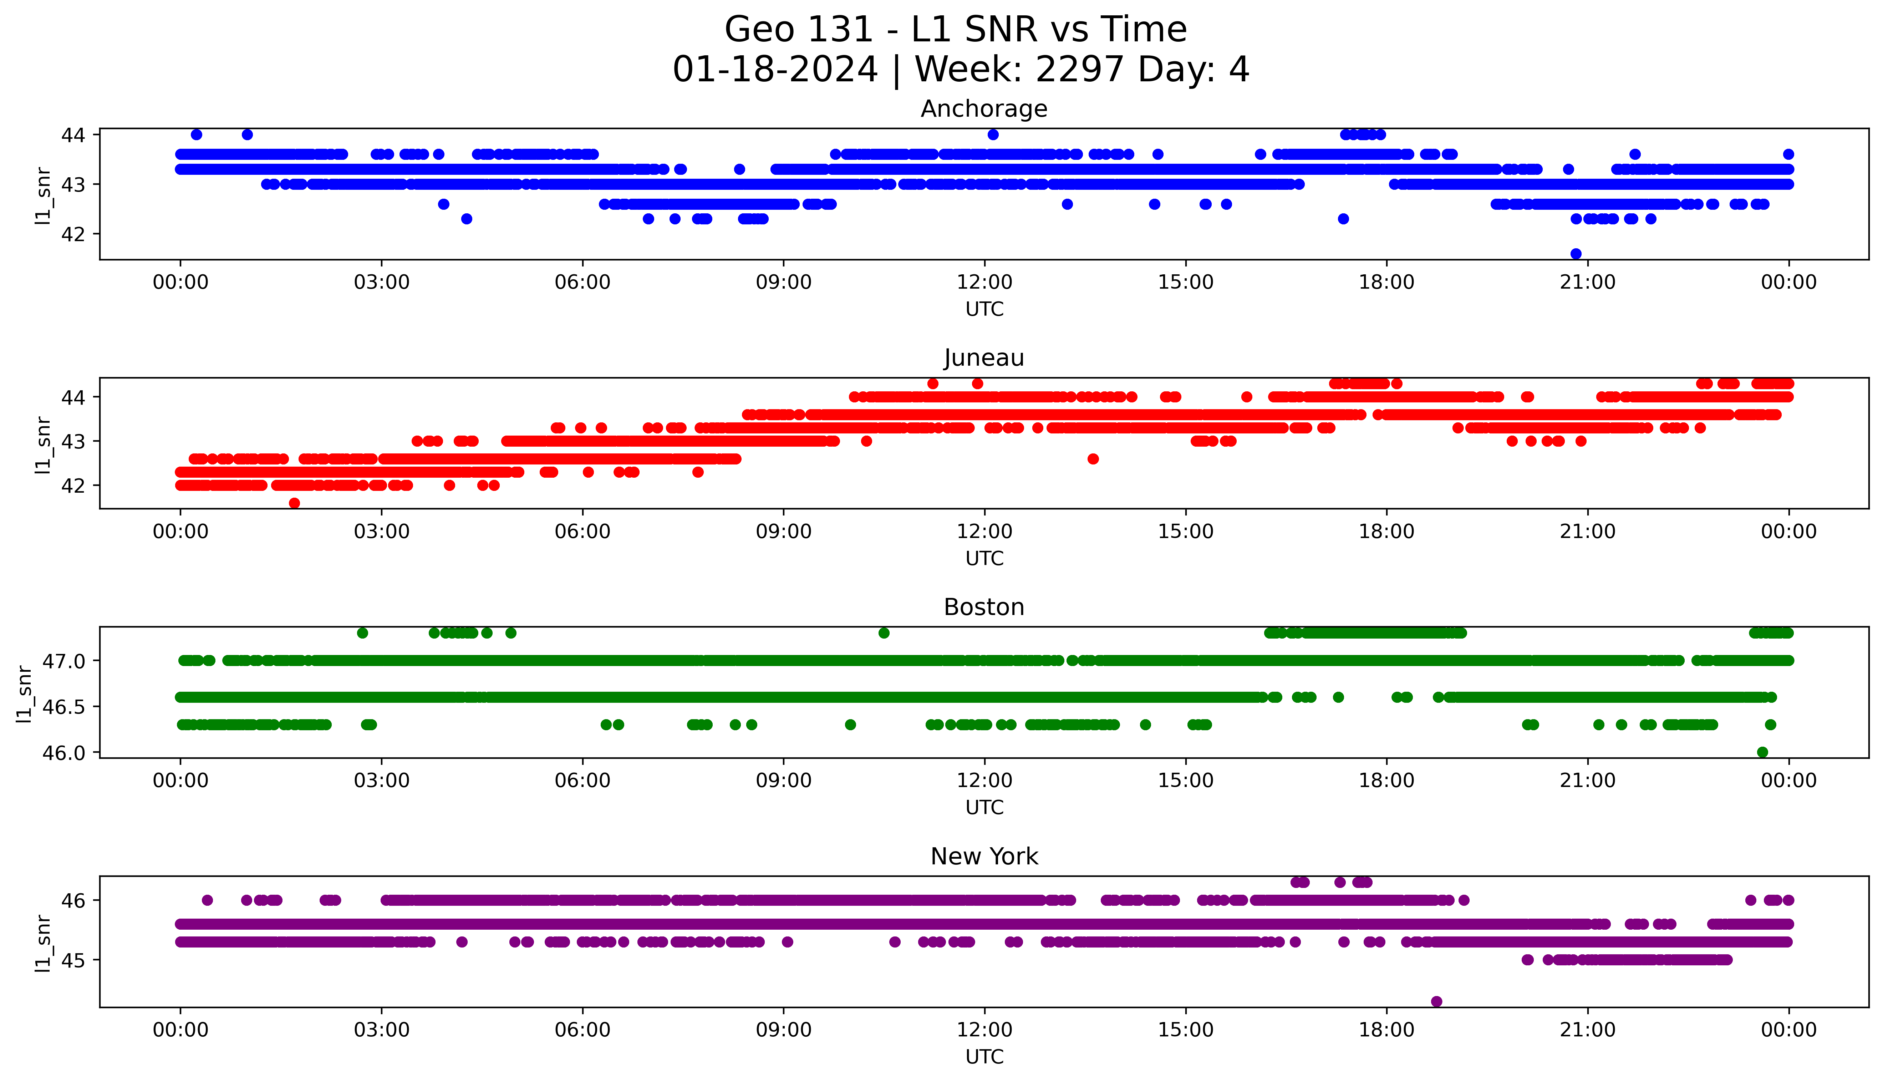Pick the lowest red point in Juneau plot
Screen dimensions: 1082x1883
click(294, 503)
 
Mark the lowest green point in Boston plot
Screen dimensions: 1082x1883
click(1762, 752)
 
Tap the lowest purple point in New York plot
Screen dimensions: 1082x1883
click(1436, 1002)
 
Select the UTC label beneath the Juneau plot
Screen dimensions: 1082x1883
click(984, 558)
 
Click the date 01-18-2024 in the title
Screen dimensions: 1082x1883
click(775, 70)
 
